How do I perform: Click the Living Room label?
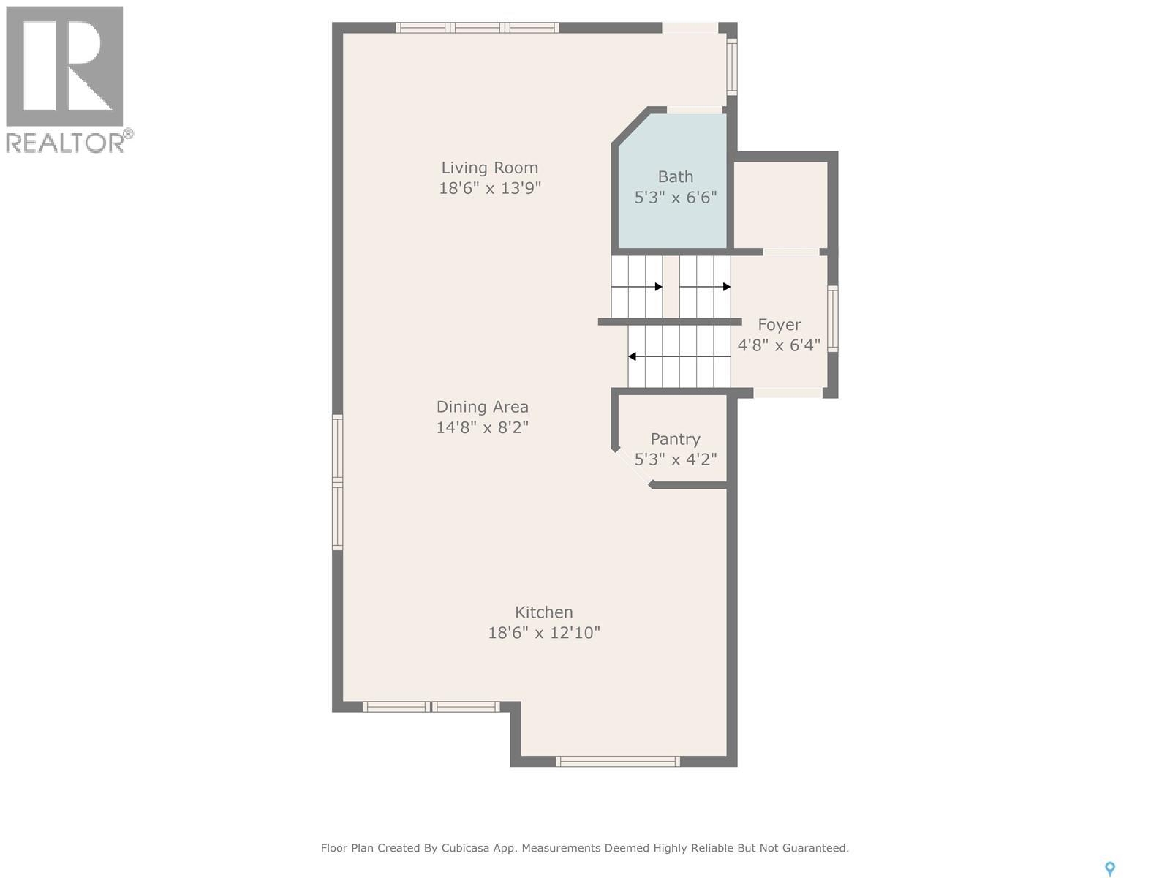[x=489, y=168]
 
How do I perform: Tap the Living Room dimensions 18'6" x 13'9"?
[x=489, y=188]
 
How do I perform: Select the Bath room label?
[x=676, y=176]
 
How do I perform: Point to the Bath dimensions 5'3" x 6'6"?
[x=676, y=198]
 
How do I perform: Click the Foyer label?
[x=780, y=325]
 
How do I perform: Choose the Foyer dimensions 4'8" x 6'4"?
[x=779, y=345]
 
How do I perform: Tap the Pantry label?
[x=676, y=439]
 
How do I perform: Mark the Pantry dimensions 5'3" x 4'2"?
[x=676, y=459]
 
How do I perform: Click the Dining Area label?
[x=483, y=407]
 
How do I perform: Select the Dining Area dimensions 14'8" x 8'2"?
[x=483, y=427]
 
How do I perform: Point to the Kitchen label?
[x=544, y=612]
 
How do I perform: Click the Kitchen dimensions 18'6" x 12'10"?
[x=544, y=633]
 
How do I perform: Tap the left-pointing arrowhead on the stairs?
[x=633, y=356]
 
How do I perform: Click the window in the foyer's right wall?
[x=833, y=319]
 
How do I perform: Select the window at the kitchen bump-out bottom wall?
[x=618, y=761]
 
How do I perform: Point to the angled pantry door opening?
[x=633, y=468]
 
